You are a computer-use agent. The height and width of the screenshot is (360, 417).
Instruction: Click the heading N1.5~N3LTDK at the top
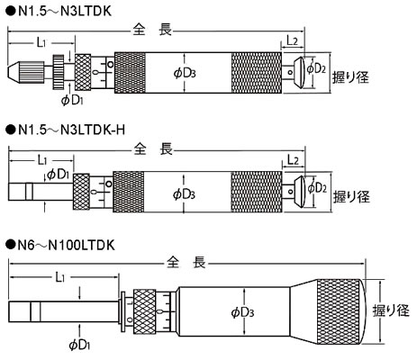tap(65, 12)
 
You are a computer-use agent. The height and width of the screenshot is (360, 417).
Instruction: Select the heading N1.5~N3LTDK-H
tap(71, 130)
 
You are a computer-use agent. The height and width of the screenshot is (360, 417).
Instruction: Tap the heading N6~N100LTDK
tap(66, 246)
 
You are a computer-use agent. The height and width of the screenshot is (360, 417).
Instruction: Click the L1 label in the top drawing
tap(41, 43)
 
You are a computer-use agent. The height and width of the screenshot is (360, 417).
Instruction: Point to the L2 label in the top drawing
tap(292, 40)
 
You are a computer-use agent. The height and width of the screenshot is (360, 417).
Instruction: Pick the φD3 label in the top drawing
tap(185, 73)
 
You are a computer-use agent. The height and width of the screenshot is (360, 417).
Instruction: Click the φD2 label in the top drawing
tap(316, 68)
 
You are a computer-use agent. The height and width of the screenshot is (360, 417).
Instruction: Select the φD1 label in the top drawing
tap(72, 100)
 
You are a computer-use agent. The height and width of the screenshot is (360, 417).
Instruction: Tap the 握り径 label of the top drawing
tap(350, 77)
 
